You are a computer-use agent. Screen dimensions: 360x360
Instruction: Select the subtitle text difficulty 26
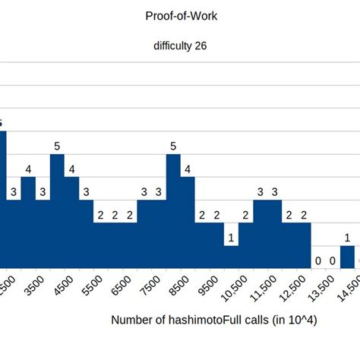pos(180,45)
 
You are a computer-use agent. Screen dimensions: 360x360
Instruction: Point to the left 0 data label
pos(318,261)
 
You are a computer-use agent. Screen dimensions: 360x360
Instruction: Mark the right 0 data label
pos(333,261)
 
